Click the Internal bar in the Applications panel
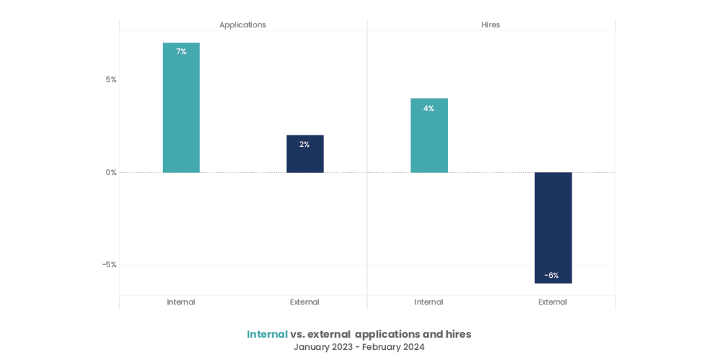click(181, 108)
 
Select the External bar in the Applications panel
click(305, 154)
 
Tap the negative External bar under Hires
click(552, 228)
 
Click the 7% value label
click(181, 52)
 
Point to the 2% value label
click(305, 145)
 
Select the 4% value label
click(428, 109)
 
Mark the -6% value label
click(552, 276)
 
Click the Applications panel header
click(243, 25)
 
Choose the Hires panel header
click(490, 25)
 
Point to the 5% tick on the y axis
click(111, 80)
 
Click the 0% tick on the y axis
click(111, 173)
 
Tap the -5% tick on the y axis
click(109, 265)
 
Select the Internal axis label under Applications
click(181, 302)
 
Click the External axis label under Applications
click(305, 302)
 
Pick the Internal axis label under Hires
click(428, 302)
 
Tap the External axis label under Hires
click(552, 302)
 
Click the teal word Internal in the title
click(267, 335)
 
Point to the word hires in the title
click(456, 335)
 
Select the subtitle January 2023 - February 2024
click(359, 347)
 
